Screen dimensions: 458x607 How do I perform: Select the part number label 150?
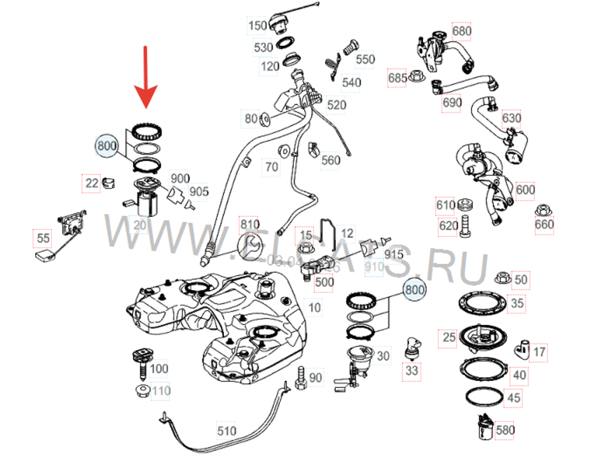coord(257,25)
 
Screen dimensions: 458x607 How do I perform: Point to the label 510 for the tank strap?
coord(226,431)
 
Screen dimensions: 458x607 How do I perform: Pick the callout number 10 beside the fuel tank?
coord(314,308)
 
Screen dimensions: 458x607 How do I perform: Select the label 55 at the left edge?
coord(43,238)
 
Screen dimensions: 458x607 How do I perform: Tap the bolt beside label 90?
coord(300,379)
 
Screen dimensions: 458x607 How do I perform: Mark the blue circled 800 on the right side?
coord(415,291)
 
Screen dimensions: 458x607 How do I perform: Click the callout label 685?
coord(398,78)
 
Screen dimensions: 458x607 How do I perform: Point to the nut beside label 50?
coord(501,279)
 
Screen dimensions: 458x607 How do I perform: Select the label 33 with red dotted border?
coord(412,370)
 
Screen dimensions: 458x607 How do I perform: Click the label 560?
coord(331,160)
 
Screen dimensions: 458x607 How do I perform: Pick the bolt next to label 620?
coord(466,225)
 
